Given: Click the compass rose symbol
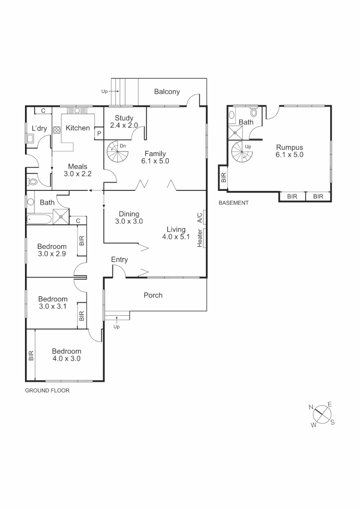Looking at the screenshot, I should click(x=322, y=414).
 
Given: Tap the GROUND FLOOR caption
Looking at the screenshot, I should click(x=47, y=390).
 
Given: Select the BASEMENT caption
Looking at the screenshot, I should click(x=234, y=203).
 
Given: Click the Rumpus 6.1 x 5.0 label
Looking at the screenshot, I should click(x=289, y=150).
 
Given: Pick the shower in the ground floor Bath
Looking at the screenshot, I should click(x=61, y=216).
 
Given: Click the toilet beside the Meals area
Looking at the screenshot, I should click(x=33, y=181).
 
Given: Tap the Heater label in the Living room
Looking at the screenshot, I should click(x=200, y=238).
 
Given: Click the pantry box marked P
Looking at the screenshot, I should click(x=99, y=134).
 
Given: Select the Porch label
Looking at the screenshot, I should click(x=153, y=295).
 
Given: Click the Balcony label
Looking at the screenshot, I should click(x=167, y=91).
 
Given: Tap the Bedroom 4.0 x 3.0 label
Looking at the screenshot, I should click(x=66, y=354).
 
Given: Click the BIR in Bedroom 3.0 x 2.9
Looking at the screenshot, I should click(x=82, y=241).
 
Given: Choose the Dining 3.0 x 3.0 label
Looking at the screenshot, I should click(x=129, y=217).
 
